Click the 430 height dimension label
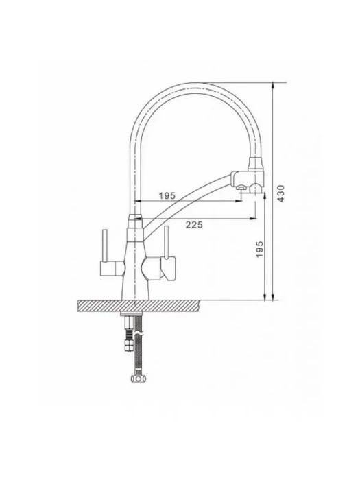(282, 193)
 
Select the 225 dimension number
(194, 225)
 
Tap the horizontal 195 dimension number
(167, 195)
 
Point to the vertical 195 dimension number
(259, 249)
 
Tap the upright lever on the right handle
(167, 242)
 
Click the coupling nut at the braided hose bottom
(139, 378)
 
